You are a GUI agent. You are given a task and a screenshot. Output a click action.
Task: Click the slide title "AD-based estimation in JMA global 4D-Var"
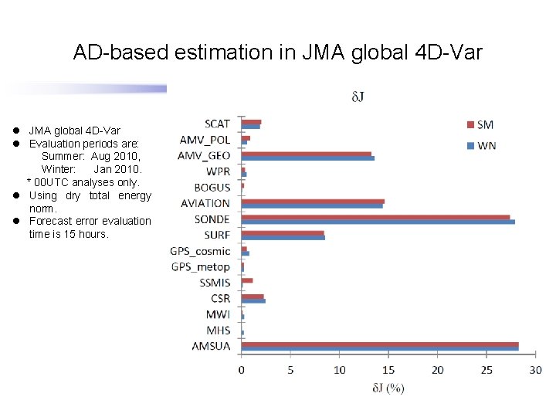click(x=277, y=53)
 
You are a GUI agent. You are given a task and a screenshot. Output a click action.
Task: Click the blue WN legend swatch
click(x=472, y=145)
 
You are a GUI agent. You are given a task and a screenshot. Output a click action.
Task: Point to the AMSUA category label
click(x=211, y=346)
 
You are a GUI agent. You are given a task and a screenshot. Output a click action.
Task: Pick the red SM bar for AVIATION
click(x=313, y=201)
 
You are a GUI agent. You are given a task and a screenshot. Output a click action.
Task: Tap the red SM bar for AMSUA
click(x=379, y=344)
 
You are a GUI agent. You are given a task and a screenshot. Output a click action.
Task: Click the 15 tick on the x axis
click(x=388, y=371)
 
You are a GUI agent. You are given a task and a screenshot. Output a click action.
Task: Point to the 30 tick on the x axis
click(x=535, y=371)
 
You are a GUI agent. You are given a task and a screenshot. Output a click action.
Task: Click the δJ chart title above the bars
click(x=358, y=97)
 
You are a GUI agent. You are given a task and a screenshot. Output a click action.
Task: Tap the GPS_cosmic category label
click(x=201, y=251)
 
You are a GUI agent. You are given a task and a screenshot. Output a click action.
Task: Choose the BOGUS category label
click(x=212, y=188)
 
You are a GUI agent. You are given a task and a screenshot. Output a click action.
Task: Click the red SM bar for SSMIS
click(x=247, y=280)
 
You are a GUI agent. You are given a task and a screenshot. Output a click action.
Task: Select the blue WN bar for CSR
click(x=253, y=300)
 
